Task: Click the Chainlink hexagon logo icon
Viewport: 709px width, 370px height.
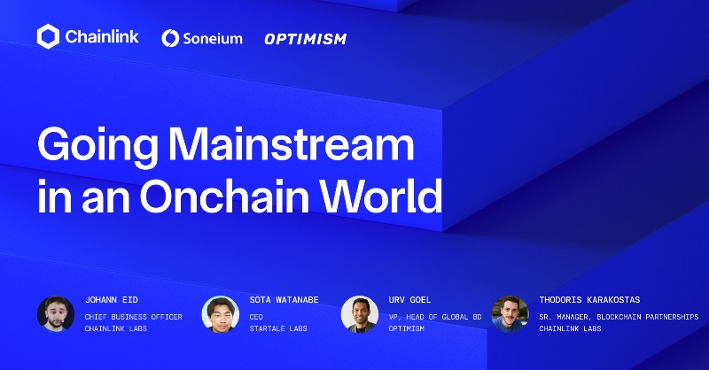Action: [x=49, y=36]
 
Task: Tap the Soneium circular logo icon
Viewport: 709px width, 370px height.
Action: [x=171, y=38]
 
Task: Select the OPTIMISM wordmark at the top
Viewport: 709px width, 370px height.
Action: [x=305, y=39]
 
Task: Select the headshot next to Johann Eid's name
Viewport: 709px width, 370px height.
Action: [x=55, y=314]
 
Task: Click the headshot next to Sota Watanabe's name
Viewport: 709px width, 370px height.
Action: [x=221, y=314]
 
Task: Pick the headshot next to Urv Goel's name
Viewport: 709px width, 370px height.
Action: [x=359, y=314]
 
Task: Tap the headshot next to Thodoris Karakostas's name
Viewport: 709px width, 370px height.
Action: [x=510, y=314]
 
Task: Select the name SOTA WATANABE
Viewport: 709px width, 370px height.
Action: [x=284, y=300]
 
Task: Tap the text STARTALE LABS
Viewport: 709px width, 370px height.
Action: [x=278, y=329]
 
